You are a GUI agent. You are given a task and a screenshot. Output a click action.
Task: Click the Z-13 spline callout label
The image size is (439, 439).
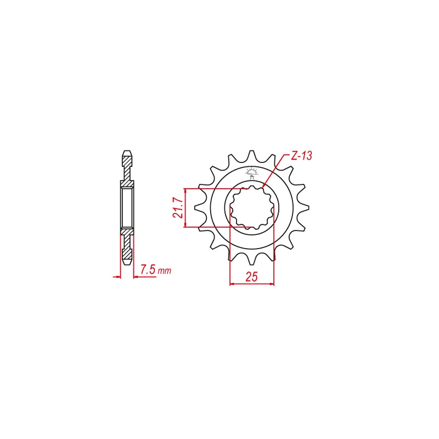[x=301, y=156]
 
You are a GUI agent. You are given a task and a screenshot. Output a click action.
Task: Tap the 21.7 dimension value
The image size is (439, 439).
[x=178, y=207]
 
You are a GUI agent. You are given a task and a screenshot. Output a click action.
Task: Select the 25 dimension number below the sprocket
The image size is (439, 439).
[x=251, y=277]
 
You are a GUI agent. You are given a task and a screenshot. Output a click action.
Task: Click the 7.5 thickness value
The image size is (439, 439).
[x=148, y=269]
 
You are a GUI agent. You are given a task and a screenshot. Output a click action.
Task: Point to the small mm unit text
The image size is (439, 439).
[x=164, y=271]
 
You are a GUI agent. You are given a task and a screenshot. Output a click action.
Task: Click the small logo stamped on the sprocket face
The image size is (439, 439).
[x=252, y=173]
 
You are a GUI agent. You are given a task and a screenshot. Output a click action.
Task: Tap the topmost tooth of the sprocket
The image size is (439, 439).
[x=251, y=155]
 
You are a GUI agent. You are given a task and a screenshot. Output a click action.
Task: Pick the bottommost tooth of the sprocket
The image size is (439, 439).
[x=251, y=259]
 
